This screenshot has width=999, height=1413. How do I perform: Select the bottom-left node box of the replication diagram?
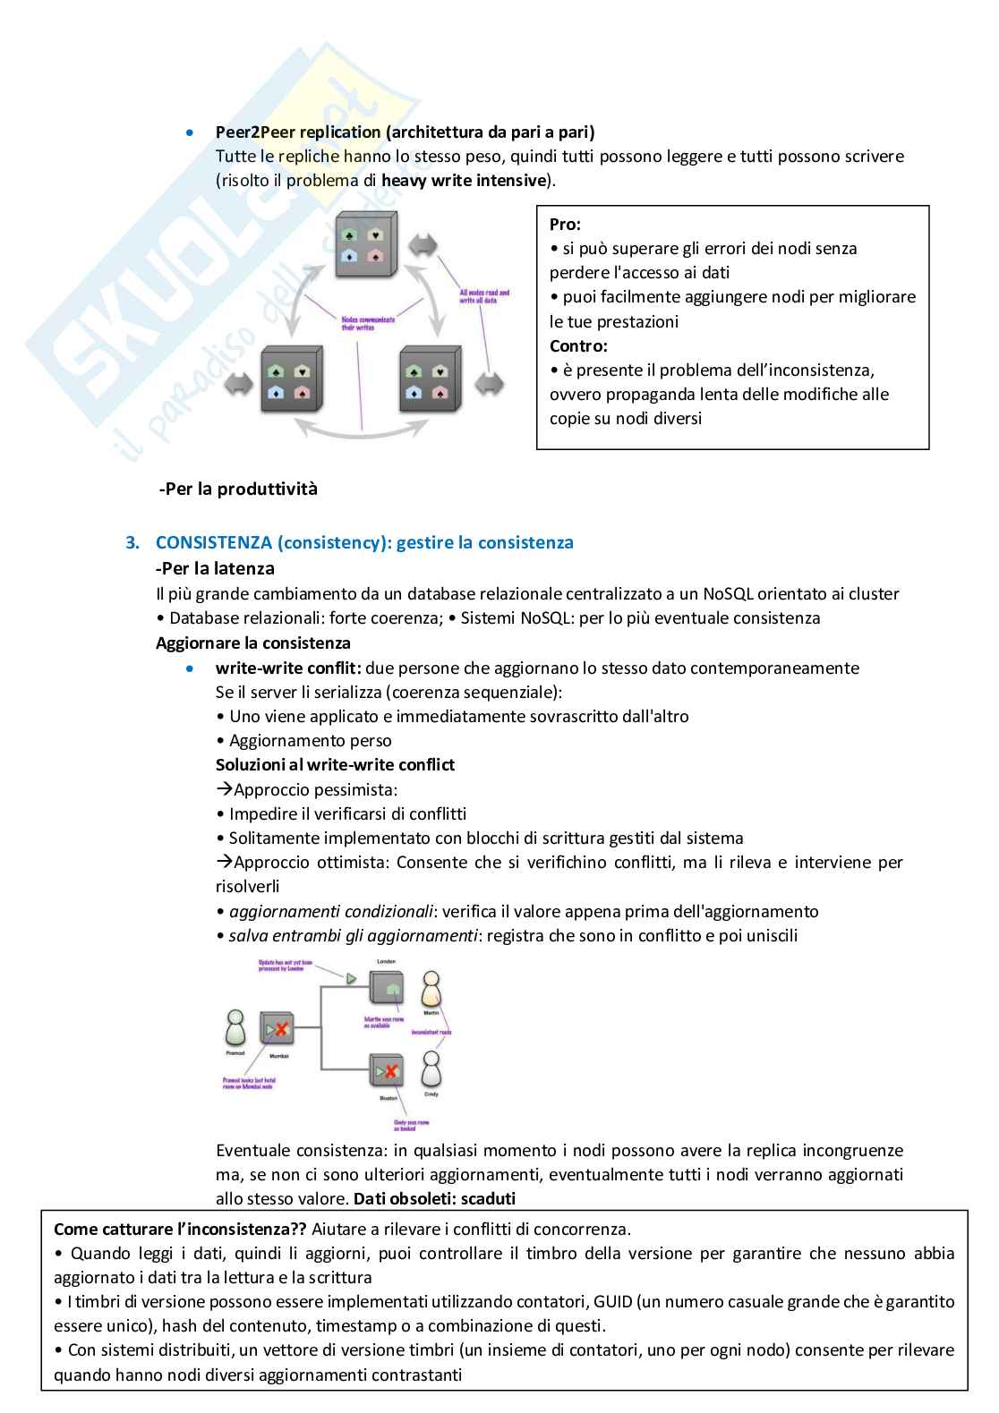pyautogui.click(x=291, y=379)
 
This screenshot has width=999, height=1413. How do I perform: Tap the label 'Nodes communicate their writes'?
pyautogui.click(x=368, y=322)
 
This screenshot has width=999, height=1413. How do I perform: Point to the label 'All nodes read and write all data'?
pyautogui.click(x=484, y=296)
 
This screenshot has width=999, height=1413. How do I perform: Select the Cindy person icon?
pyautogui.click(x=431, y=1068)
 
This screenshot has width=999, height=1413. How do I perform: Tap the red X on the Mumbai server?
pyautogui.click(x=281, y=1030)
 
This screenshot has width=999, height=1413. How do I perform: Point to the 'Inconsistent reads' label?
pyautogui.click(x=431, y=1032)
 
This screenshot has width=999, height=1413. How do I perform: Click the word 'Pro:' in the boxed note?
pyautogui.click(x=565, y=225)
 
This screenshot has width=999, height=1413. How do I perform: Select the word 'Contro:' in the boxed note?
pyautogui.click(x=578, y=345)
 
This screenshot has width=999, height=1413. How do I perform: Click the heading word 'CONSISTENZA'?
pyautogui.click(x=213, y=542)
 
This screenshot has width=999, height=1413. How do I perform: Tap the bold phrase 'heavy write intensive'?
pyautogui.click(x=464, y=180)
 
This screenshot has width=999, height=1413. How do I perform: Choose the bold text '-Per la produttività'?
pyautogui.click(x=238, y=489)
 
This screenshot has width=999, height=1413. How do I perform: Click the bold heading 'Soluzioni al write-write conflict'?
pyautogui.click(x=335, y=764)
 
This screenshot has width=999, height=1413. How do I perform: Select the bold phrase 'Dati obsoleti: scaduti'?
pyautogui.click(x=434, y=1198)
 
